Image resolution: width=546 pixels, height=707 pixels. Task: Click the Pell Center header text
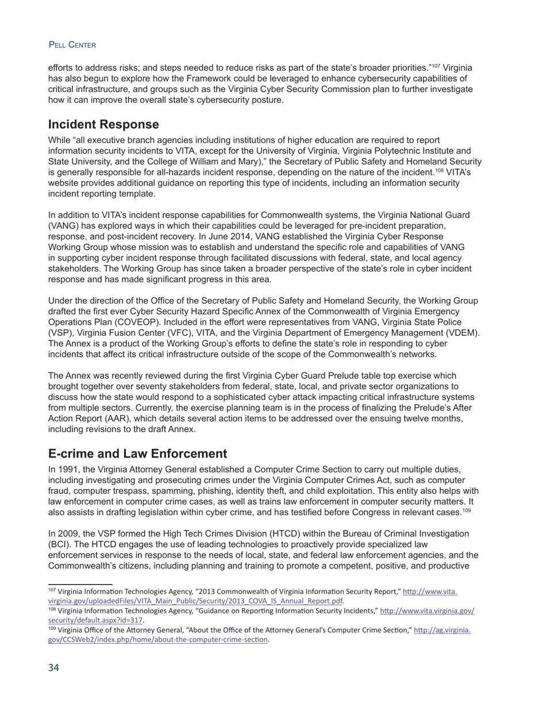coord(72,45)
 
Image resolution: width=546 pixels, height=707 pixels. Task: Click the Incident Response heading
coord(103,125)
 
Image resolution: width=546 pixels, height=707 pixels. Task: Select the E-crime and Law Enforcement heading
coord(137,454)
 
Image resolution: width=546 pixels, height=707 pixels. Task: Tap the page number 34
coord(53,667)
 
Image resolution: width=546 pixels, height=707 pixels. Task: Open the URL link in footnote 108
coord(427,611)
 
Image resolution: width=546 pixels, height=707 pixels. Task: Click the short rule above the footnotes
coord(80,584)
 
